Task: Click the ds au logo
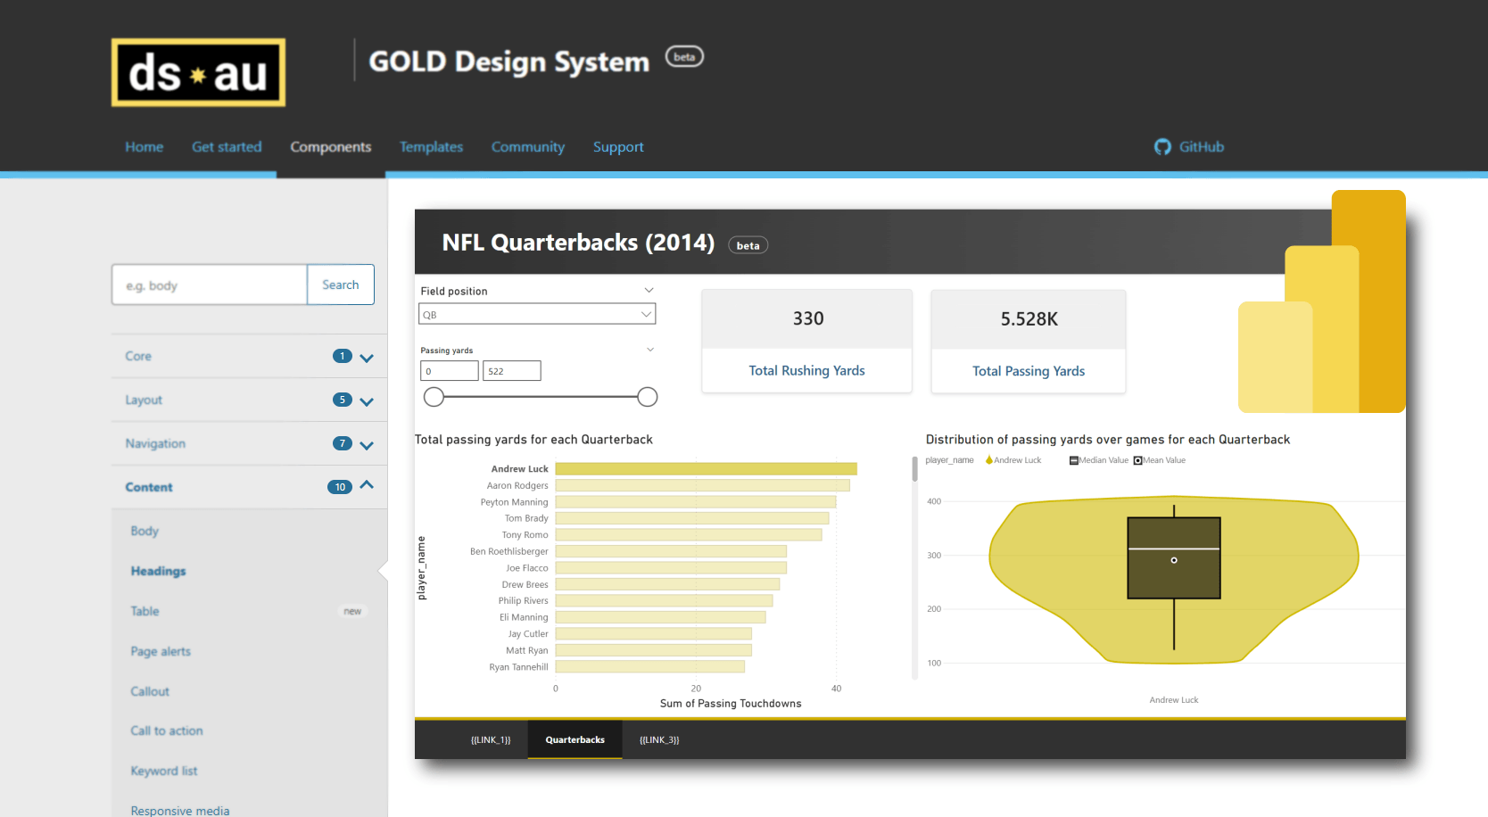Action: pyautogui.click(x=198, y=72)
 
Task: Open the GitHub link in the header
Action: pyautogui.click(x=1189, y=147)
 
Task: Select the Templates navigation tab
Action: pyautogui.click(x=431, y=147)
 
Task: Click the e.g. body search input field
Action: pyautogui.click(x=210, y=285)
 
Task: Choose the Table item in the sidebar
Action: pyautogui.click(x=145, y=611)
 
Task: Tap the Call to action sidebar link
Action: pyautogui.click(x=167, y=730)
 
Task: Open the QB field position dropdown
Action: pyautogui.click(x=537, y=314)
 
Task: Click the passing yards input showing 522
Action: pyautogui.click(x=511, y=371)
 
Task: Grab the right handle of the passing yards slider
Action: pyautogui.click(x=648, y=397)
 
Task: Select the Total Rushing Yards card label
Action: pyautogui.click(x=806, y=371)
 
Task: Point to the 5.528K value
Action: pyautogui.click(x=1029, y=319)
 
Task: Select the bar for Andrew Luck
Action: pyautogui.click(x=705, y=469)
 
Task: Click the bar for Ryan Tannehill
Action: pyautogui.click(x=649, y=666)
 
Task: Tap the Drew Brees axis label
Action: pyautogui.click(x=525, y=584)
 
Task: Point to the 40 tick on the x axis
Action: pyautogui.click(x=836, y=689)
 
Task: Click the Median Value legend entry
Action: pyautogui.click(x=1099, y=460)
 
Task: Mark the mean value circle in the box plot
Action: pyautogui.click(x=1174, y=560)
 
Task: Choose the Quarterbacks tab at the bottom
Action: pyautogui.click(x=575, y=739)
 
